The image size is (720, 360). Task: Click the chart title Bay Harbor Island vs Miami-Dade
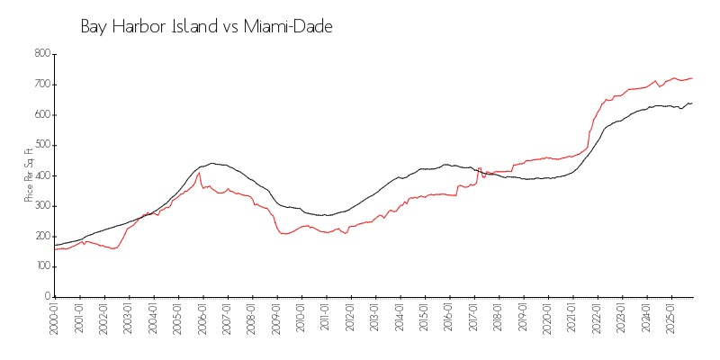click(x=206, y=27)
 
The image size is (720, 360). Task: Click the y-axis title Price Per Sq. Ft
click(x=29, y=175)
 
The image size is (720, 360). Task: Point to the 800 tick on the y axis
click(x=41, y=54)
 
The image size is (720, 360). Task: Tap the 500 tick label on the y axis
click(x=41, y=145)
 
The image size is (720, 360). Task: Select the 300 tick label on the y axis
click(x=41, y=205)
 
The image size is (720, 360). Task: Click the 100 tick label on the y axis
click(x=41, y=266)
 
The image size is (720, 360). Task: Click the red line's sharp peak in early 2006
click(x=199, y=173)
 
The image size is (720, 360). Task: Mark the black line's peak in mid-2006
click(x=212, y=163)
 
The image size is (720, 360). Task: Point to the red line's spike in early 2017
click(x=480, y=167)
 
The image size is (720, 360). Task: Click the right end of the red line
click(x=691, y=77)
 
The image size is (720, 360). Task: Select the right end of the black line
click(x=691, y=103)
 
